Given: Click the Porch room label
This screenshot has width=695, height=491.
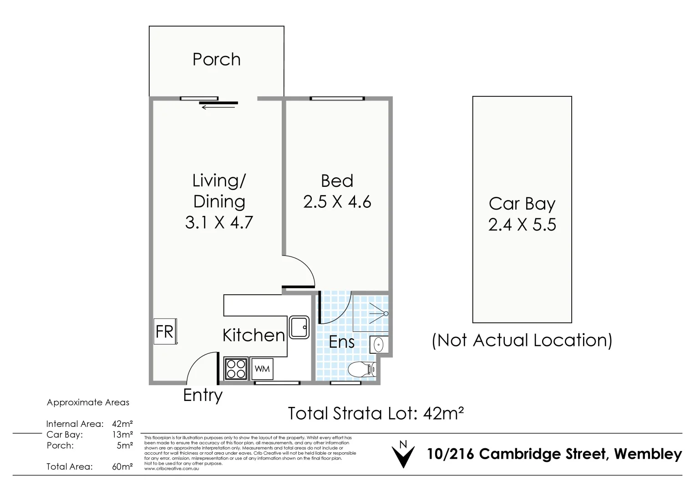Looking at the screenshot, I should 216,60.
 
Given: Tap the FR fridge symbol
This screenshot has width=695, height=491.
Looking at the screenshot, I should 165,331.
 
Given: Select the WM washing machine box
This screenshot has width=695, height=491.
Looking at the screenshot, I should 262,369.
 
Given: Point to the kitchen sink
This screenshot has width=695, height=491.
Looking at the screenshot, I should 299,327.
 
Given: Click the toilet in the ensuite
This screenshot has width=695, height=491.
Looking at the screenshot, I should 362,369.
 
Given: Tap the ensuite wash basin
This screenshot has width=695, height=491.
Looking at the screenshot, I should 379,345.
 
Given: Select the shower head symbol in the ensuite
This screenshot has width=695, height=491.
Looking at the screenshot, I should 385,314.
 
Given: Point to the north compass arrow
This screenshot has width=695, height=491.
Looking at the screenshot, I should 403,455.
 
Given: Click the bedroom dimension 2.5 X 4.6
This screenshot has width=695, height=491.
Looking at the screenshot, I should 337,202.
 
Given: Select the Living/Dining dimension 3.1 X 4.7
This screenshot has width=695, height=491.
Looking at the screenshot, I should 219,223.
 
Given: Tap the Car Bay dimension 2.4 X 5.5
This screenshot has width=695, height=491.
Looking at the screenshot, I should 522,225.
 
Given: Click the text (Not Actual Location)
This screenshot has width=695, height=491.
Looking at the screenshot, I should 522,341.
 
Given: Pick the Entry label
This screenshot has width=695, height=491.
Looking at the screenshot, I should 203,395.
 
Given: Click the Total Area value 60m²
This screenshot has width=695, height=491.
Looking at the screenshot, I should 122,466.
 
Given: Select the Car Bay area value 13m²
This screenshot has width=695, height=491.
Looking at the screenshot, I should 122,435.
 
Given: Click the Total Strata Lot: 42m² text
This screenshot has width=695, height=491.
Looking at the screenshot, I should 375,414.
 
